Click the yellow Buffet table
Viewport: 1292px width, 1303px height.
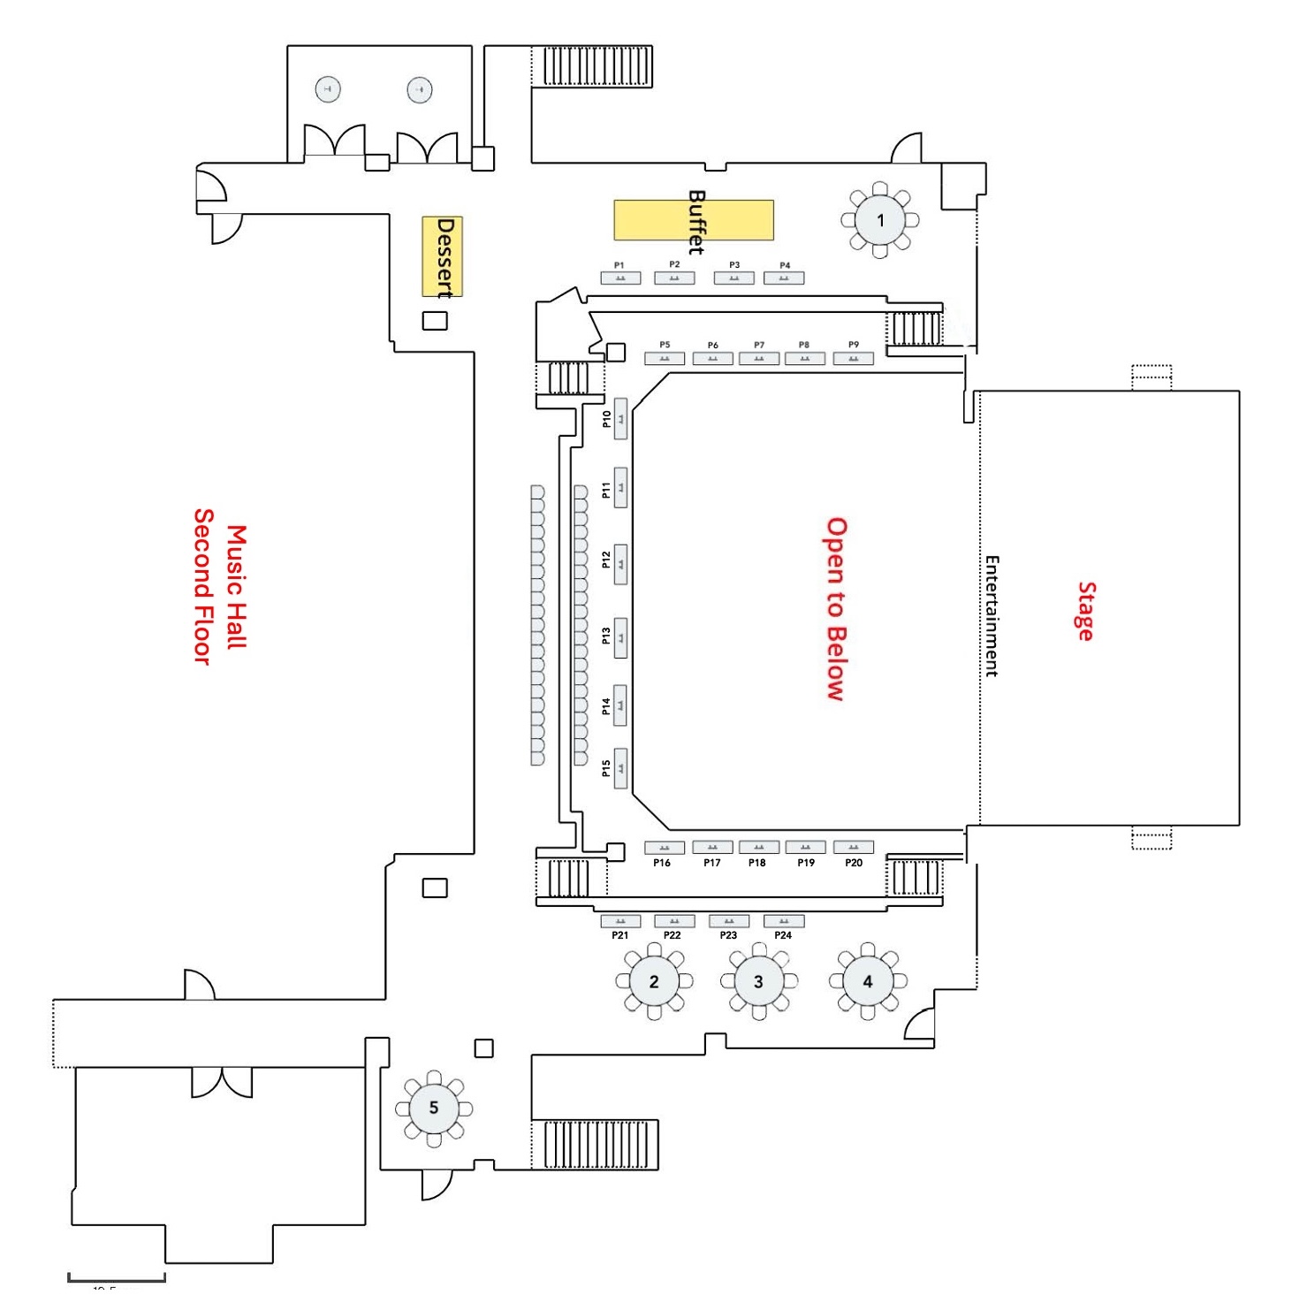click(694, 220)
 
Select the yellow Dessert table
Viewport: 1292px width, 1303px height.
click(442, 256)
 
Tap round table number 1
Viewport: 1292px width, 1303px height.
click(879, 220)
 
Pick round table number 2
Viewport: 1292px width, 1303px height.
click(654, 981)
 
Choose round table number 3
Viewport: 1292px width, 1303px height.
click(758, 981)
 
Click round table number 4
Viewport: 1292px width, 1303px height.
click(867, 981)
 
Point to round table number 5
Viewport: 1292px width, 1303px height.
click(433, 1108)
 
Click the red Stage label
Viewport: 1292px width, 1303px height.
click(1085, 611)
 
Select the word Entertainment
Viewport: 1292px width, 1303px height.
click(992, 616)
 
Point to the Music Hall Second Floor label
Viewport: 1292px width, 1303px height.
click(220, 587)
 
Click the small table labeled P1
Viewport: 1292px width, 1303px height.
click(620, 278)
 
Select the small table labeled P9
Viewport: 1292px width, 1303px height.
click(853, 359)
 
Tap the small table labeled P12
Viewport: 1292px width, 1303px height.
click(621, 563)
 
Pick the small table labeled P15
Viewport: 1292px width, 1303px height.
click(621, 768)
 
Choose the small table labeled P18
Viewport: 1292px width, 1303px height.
click(758, 848)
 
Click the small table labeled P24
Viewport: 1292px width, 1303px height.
click(784, 921)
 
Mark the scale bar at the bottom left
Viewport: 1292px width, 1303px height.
click(117, 1276)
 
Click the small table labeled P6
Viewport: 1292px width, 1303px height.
click(712, 359)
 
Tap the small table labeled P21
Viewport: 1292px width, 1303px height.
click(620, 921)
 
